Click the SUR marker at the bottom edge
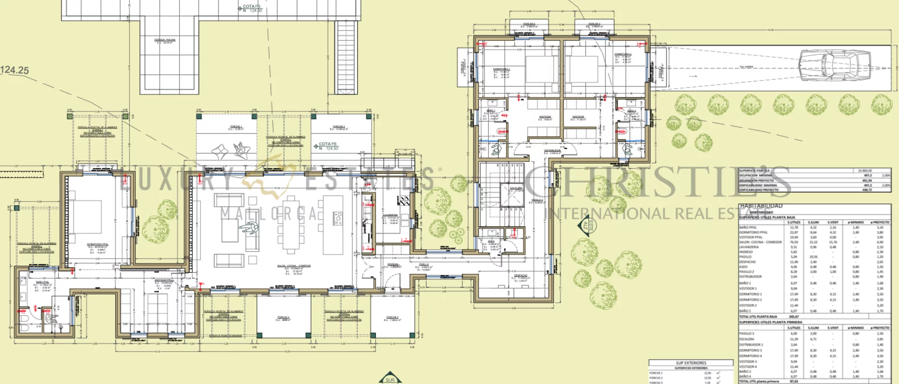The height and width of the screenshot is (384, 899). (390, 379)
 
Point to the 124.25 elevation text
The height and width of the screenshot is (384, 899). (15, 70)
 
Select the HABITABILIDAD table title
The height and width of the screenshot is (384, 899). (761, 206)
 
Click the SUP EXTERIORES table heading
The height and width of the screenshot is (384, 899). (691, 363)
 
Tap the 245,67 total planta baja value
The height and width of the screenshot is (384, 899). (794, 317)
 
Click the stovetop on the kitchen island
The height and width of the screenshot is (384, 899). (338, 218)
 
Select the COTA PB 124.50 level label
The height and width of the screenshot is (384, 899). (329, 146)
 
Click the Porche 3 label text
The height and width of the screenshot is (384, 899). (283, 318)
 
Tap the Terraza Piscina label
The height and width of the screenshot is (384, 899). (165, 41)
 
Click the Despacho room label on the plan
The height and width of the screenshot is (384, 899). (521, 276)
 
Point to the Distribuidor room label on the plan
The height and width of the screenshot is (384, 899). (553, 151)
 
